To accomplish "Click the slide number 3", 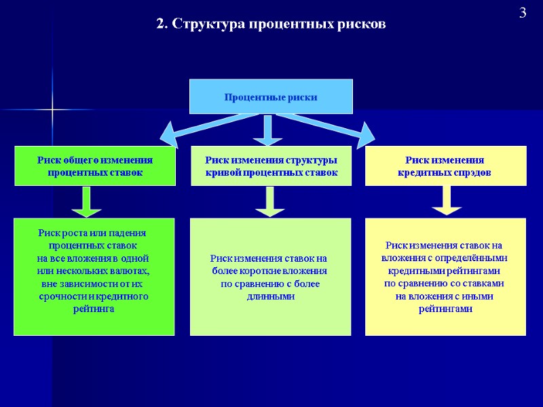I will pos(523,13).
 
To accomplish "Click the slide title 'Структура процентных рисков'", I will pos(279,24).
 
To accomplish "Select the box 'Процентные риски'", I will pos(271,97).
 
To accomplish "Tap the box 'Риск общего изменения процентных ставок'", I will pos(94,166).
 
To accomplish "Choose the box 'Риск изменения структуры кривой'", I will pos(271,166).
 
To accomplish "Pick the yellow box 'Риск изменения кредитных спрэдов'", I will pos(445,166).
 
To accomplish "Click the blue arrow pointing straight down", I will pos(267,130).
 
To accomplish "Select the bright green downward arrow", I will pos(86,201).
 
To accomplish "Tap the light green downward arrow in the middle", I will pos(269,201).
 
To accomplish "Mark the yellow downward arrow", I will pos(446,201).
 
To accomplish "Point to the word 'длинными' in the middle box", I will pos(271,296).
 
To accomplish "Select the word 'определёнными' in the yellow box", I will pos(474,258).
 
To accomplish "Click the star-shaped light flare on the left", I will pos(52,109).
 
